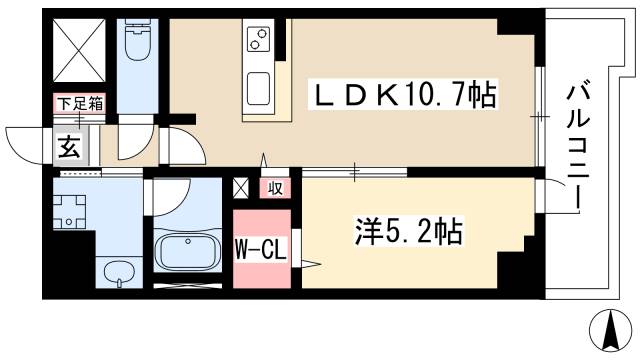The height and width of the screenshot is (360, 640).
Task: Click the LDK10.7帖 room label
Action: [406, 96]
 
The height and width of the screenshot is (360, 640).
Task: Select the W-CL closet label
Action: [261, 249]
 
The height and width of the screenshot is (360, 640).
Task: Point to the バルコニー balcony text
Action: [578, 145]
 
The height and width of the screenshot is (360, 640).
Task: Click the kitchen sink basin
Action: [259, 90]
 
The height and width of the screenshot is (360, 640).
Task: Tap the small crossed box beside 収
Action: [242, 187]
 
